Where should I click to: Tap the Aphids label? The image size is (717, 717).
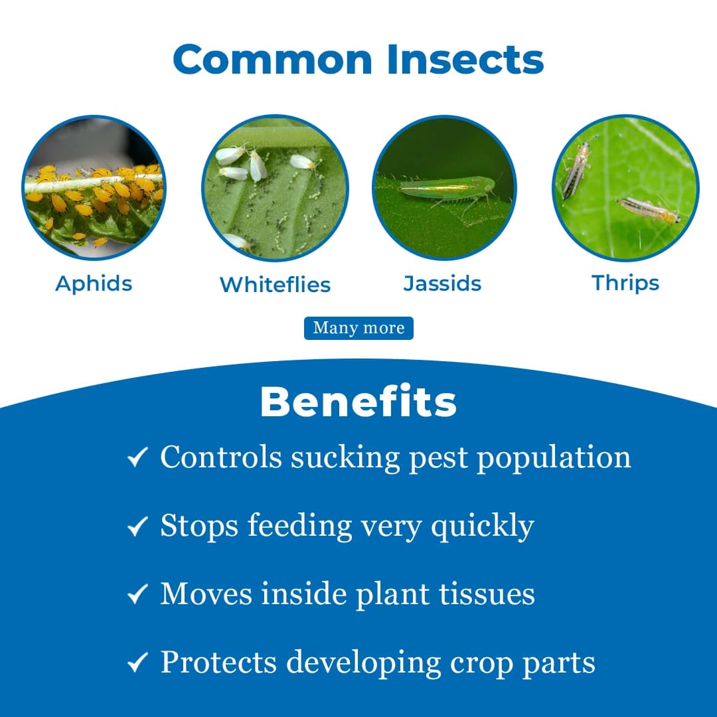pos(94,283)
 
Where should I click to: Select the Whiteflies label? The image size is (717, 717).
pos(275,285)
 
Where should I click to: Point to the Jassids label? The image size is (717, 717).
pos(442,283)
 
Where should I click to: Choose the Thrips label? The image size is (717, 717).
pos(625,283)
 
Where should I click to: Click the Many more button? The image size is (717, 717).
pos(358,328)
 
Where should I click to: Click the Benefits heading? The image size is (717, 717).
pos(358,402)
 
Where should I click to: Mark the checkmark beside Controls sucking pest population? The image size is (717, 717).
pos(137,457)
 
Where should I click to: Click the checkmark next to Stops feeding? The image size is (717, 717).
pos(137,526)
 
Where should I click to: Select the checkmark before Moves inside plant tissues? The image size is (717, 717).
pos(137,594)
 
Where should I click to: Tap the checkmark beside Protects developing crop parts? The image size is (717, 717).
pos(137,663)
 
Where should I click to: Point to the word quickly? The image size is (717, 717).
pos(482,526)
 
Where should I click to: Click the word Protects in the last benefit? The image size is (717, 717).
pos(218,662)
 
